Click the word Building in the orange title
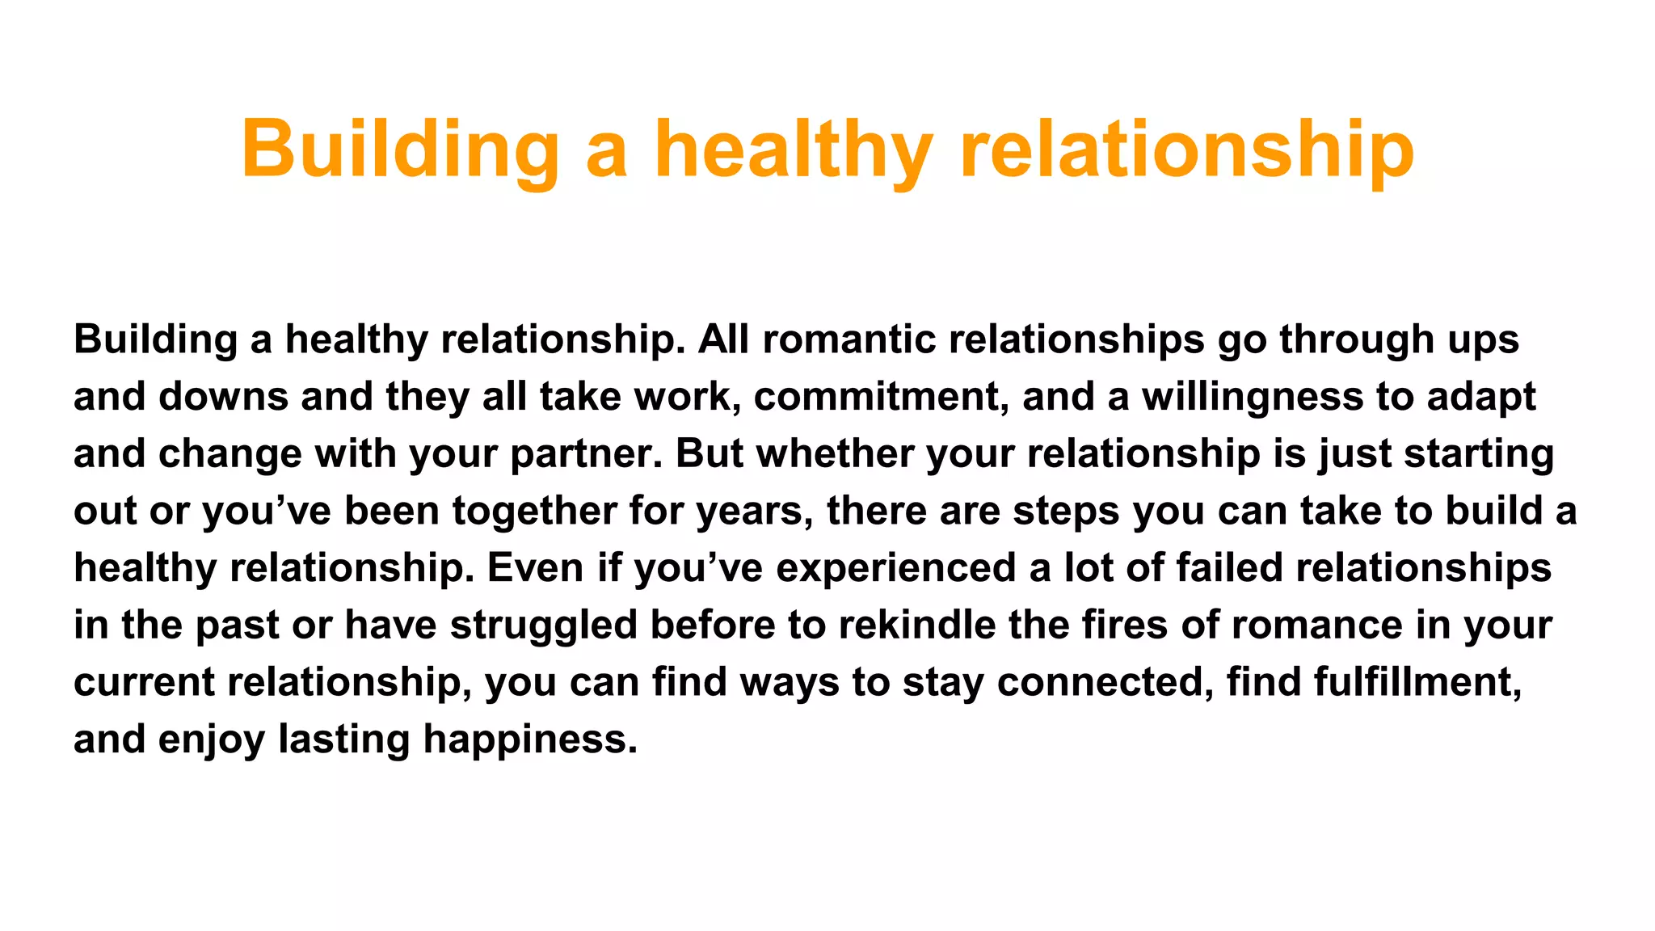400,150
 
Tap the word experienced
896,568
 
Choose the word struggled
544,626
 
